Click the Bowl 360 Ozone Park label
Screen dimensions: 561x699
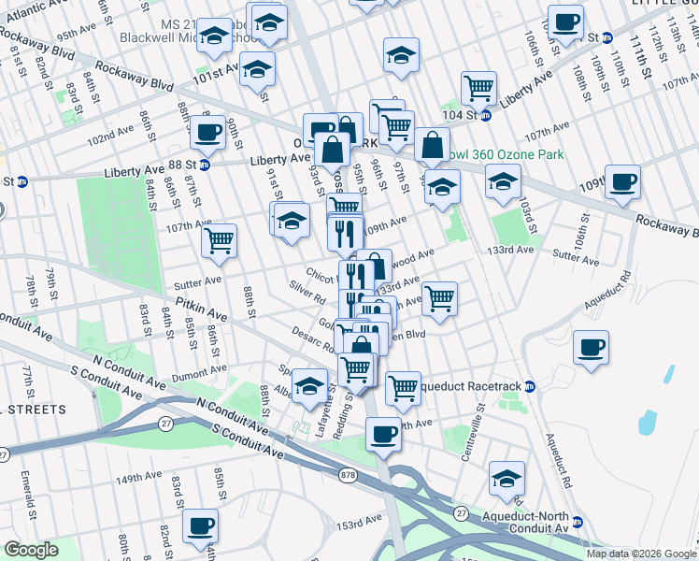tap(509, 154)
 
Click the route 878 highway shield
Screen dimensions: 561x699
tap(349, 475)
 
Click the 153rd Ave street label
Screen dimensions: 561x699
tap(361, 519)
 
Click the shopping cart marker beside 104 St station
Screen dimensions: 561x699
tap(478, 89)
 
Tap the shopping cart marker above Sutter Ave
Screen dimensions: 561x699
tap(219, 240)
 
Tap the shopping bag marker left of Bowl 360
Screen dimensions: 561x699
tap(432, 144)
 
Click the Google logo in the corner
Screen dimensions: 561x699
tap(31, 550)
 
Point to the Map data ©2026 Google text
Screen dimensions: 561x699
tap(641, 554)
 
